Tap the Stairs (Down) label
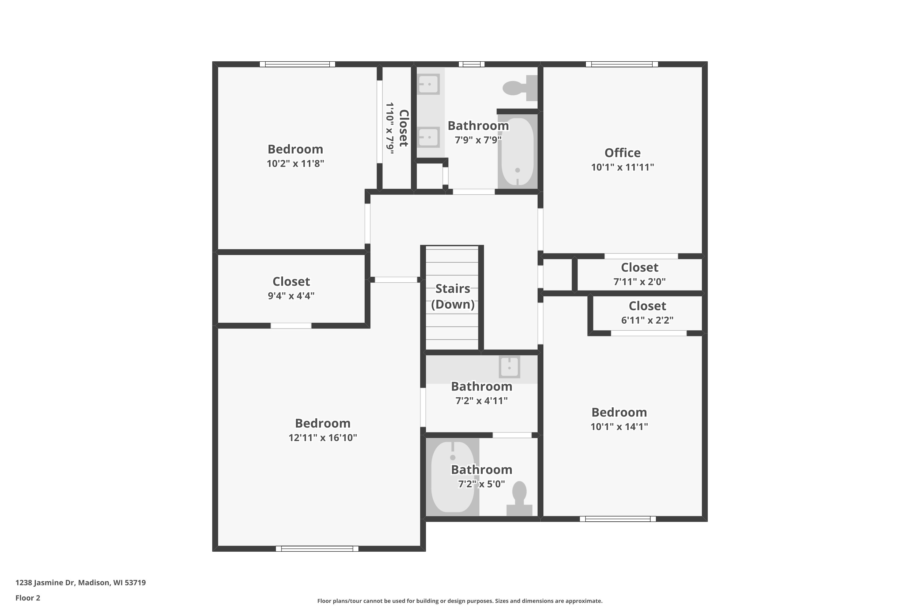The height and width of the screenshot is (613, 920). click(x=453, y=296)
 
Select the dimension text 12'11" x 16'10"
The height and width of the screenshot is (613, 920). click(x=323, y=437)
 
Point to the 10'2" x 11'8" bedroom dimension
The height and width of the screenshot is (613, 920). click(x=295, y=163)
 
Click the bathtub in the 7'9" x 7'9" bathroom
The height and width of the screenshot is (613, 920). click(x=517, y=152)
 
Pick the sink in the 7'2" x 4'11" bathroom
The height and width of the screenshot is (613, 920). click(x=509, y=367)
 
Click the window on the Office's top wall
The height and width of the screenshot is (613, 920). click(x=622, y=64)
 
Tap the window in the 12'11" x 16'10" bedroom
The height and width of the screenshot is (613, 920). click(x=317, y=549)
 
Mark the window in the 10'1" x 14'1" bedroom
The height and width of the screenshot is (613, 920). click(x=618, y=519)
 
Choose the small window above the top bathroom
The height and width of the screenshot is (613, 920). click(x=471, y=64)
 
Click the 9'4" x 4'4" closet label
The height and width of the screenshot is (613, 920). click(x=291, y=281)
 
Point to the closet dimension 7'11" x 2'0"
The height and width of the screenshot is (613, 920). click(x=639, y=281)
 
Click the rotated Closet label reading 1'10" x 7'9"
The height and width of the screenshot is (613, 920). click(x=397, y=128)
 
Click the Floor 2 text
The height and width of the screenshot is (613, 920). click(x=28, y=598)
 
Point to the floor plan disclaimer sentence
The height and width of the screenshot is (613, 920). click(x=460, y=601)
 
